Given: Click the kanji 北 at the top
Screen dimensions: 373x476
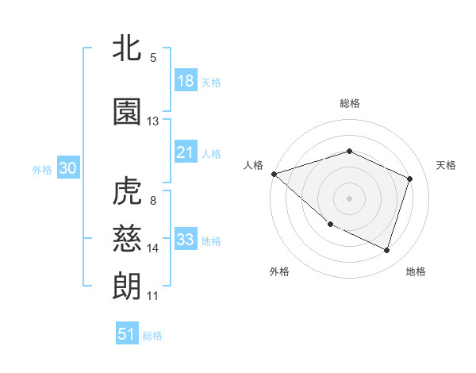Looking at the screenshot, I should [x=127, y=50].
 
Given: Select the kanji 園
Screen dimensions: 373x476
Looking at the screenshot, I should [x=127, y=113].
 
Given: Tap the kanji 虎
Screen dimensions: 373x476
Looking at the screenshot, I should [x=127, y=193].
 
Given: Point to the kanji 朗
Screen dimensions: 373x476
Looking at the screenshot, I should [x=127, y=285].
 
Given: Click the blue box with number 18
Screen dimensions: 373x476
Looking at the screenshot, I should [x=186, y=82].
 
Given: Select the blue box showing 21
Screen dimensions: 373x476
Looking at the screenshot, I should [x=186, y=153].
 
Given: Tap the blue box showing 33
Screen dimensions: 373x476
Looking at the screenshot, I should [x=186, y=240].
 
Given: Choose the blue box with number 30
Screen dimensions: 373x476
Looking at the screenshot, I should [x=67, y=169].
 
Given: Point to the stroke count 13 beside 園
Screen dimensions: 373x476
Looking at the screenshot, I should [x=153, y=121].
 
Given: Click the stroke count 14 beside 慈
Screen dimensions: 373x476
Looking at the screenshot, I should [x=153, y=248].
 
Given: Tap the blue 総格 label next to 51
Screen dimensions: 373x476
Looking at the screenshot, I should [x=152, y=336].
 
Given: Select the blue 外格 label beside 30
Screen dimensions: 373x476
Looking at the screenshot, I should [x=42, y=170].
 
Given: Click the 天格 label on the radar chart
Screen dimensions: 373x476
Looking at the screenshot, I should [x=447, y=165].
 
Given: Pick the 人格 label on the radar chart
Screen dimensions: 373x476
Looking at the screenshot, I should [x=253, y=165].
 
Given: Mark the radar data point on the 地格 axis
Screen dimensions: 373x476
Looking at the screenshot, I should [x=387, y=251].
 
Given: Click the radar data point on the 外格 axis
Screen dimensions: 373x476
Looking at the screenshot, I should [x=330, y=225].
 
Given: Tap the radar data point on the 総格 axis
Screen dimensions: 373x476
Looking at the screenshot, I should [x=349, y=151].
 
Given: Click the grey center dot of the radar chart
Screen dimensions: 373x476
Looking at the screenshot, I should [x=349, y=198].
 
